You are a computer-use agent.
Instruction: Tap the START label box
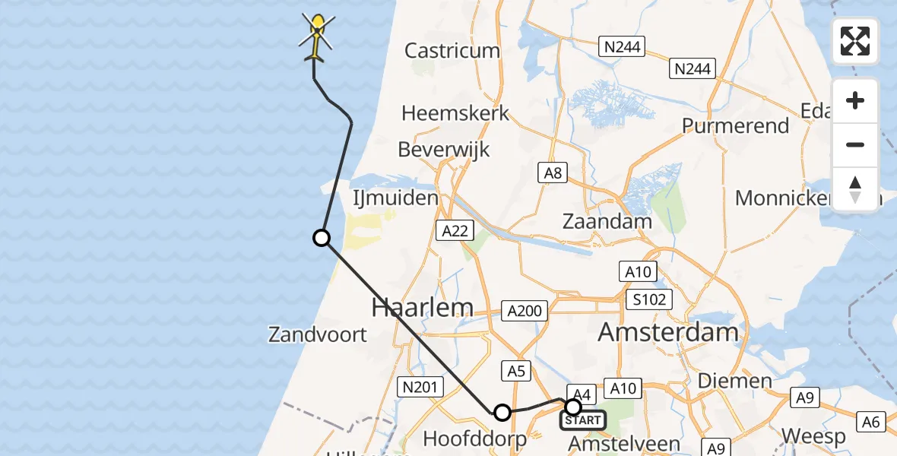(x=583, y=420)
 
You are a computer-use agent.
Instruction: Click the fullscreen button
(x=855, y=41)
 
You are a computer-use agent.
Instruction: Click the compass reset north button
(x=855, y=189)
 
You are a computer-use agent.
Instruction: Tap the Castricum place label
(x=452, y=51)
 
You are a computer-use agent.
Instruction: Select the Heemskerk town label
(x=455, y=113)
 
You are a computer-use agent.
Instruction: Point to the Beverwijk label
(x=443, y=149)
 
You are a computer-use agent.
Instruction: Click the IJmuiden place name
(x=395, y=199)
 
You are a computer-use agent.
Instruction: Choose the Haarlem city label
(x=422, y=308)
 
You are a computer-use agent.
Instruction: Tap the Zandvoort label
(x=318, y=334)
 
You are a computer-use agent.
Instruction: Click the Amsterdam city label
(x=668, y=332)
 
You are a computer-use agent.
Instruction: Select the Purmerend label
(x=736, y=125)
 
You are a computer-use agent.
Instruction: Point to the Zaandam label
(x=607, y=222)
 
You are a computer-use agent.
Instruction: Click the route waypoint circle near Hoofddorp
(x=502, y=413)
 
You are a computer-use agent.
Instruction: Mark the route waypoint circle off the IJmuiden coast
(x=322, y=238)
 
